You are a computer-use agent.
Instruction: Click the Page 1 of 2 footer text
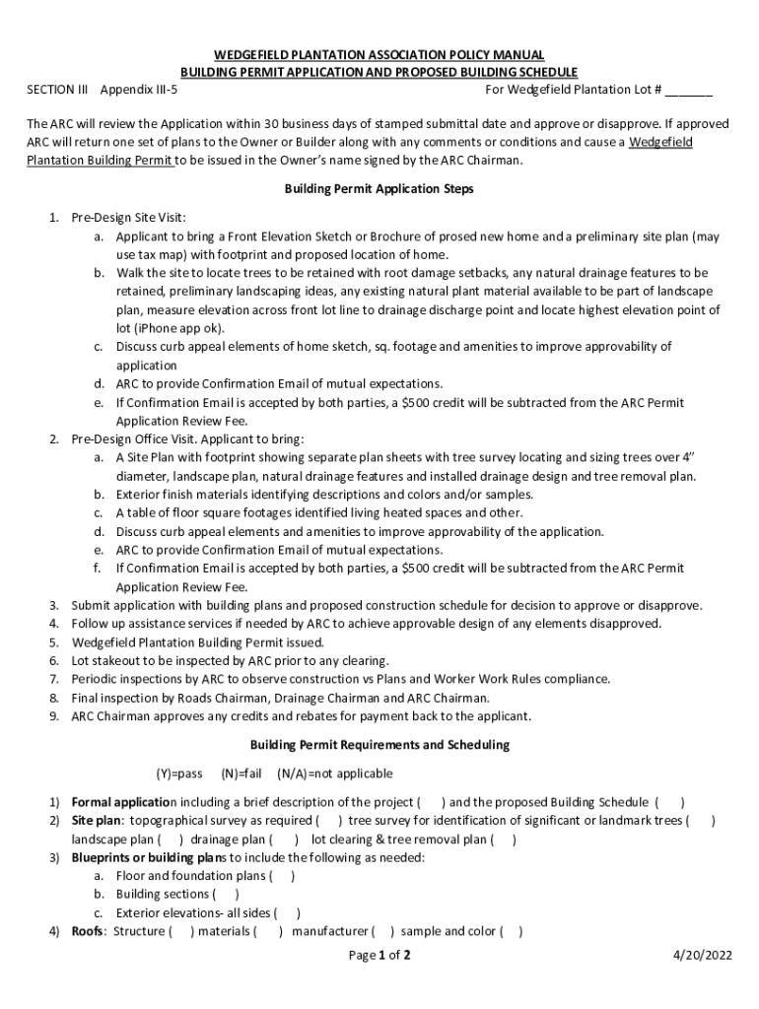[379, 955]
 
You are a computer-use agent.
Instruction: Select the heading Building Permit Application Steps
[379, 188]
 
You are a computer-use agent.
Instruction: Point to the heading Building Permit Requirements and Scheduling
[379, 745]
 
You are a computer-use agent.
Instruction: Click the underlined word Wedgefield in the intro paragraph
[660, 142]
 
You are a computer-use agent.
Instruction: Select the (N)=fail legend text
[241, 774]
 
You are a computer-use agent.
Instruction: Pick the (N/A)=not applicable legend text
[334, 774]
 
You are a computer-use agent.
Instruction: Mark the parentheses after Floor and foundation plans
[282, 876]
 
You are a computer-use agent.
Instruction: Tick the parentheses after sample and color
[512, 931]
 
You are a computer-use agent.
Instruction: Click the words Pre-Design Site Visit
[128, 217]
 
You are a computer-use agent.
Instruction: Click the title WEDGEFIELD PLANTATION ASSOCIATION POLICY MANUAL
[379, 54]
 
